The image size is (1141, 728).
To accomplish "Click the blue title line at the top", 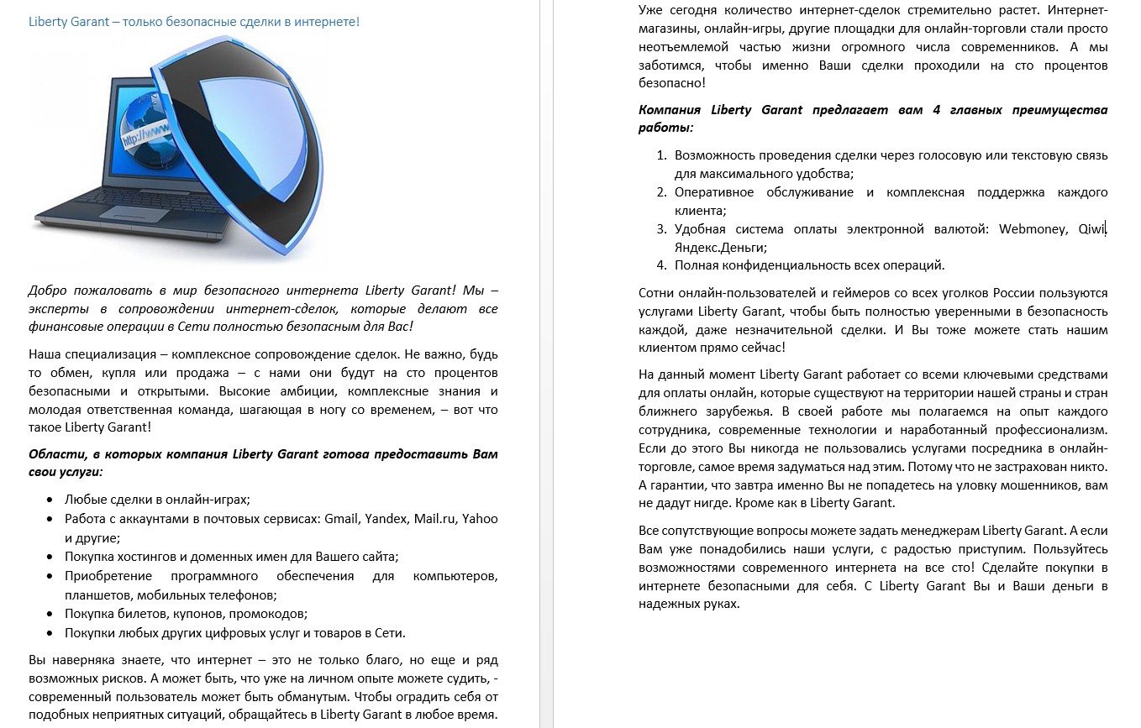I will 194,21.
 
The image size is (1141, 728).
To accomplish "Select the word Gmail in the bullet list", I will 340,519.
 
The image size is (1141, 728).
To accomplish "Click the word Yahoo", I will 480,519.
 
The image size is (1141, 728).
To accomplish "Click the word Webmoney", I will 1033,229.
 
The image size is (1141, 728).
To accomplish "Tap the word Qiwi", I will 1092,229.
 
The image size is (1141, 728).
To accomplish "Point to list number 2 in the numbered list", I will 661,192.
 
